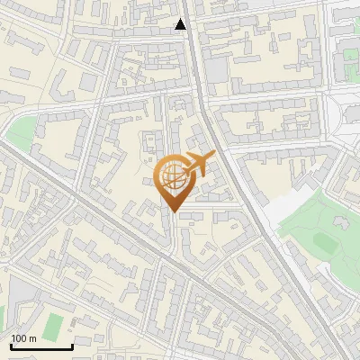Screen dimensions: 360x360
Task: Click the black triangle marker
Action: (x=181, y=24)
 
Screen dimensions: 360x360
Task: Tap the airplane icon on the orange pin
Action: (x=198, y=165)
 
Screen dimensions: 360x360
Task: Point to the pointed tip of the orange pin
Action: (x=173, y=211)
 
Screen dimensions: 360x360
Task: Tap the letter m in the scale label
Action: (x=33, y=337)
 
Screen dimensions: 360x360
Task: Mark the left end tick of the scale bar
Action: (x=10, y=345)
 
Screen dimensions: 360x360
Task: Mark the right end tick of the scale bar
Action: (x=72, y=345)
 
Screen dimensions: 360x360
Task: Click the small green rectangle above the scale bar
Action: (x=54, y=323)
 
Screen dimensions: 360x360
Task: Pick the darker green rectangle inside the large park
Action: (x=322, y=241)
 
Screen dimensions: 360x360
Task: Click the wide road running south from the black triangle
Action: (x=202, y=90)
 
